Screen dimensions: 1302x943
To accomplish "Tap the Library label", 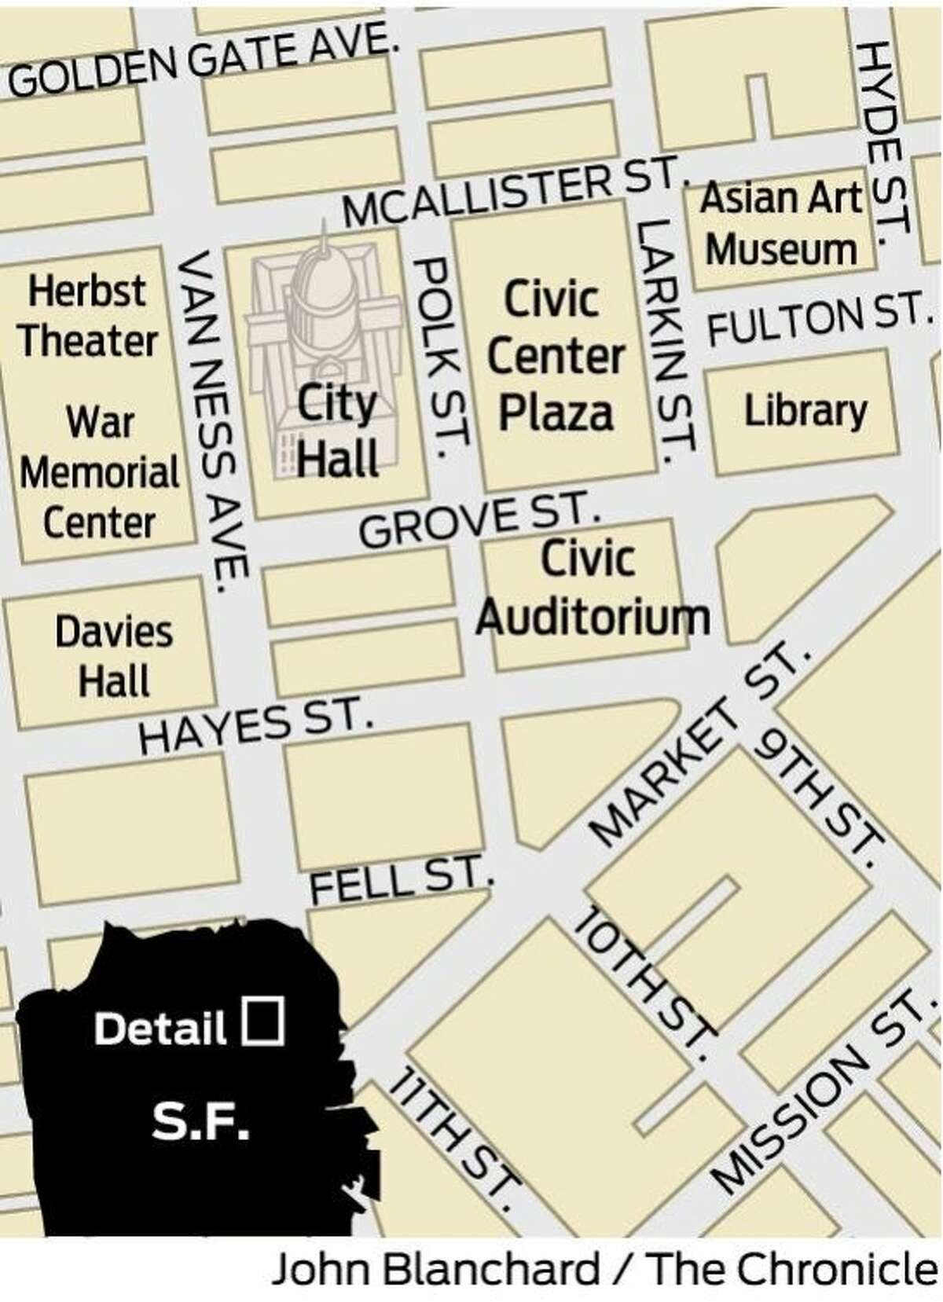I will (805, 411).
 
